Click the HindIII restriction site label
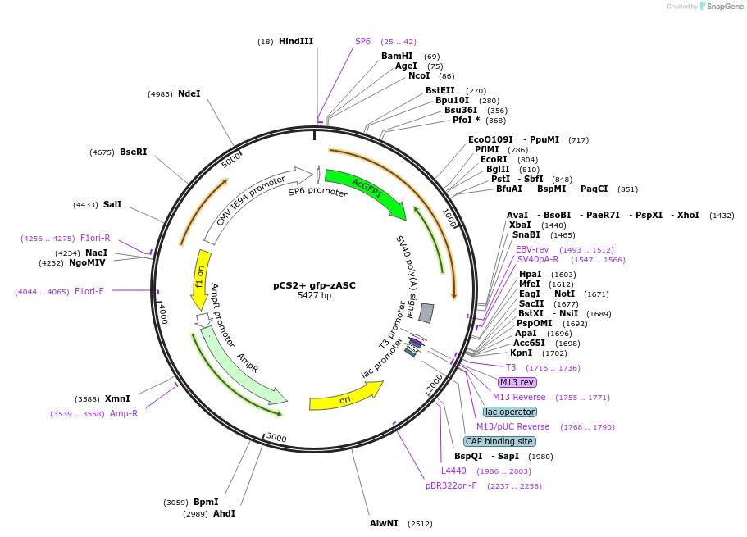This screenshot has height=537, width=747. (x=296, y=41)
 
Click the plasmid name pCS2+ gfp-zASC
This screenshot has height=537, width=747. (x=314, y=285)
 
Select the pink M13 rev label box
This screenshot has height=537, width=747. (x=517, y=382)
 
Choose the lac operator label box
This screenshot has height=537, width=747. (x=509, y=412)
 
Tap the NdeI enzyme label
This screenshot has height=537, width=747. (x=189, y=93)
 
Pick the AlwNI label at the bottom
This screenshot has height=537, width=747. (x=384, y=523)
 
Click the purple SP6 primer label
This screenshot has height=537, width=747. (x=362, y=41)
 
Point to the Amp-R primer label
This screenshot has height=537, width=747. (x=124, y=414)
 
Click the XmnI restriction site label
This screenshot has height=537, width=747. (x=117, y=398)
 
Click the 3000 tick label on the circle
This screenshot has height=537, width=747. (x=276, y=439)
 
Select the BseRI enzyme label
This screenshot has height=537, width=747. (x=134, y=152)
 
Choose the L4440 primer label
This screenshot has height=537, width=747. (x=453, y=471)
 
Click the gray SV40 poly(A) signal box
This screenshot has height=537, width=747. (x=426, y=312)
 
